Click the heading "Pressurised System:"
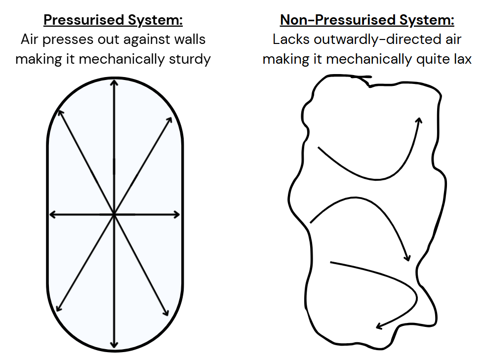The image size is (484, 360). (113, 21)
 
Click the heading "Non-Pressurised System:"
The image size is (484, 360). (367, 21)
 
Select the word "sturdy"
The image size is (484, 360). (189, 59)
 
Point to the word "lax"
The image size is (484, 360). (460, 59)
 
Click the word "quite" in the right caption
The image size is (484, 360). (425, 59)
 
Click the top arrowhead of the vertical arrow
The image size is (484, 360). (115, 84)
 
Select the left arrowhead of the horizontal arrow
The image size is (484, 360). (52, 214)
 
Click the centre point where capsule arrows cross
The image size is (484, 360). (115, 214)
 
